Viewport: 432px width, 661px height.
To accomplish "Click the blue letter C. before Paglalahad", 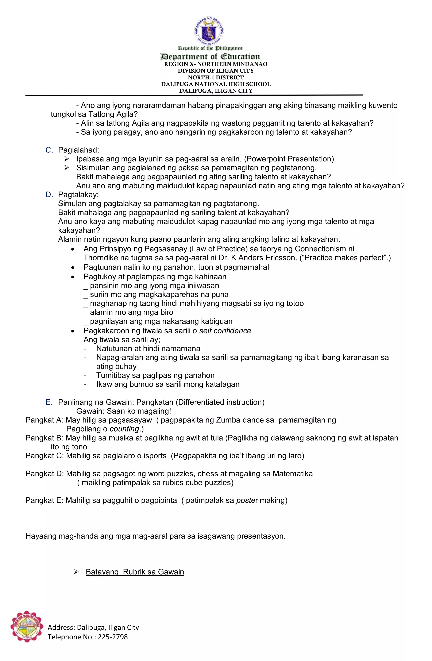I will (49, 150).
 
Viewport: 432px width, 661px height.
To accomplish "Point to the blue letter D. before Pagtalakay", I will (49, 194).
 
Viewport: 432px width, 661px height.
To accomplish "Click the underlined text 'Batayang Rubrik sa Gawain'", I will (135, 572).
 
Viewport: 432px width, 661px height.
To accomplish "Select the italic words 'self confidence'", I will (225, 330).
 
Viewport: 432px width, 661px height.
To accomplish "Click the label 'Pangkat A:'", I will (45, 420).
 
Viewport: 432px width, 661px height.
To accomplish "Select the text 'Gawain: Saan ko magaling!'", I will (124, 411).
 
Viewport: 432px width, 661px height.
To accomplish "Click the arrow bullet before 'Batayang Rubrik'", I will (76, 572).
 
